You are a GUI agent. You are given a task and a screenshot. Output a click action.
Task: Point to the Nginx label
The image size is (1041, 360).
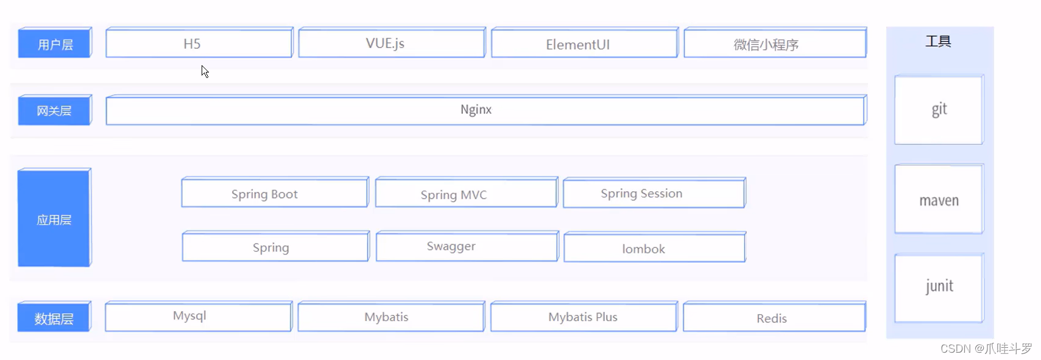[476, 110]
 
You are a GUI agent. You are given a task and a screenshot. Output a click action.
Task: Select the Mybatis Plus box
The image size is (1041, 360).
[583, 317]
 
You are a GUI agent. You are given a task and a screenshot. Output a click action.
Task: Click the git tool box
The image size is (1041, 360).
[938, 110]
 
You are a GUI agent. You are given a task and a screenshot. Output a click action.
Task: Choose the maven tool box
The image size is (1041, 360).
[938, 199]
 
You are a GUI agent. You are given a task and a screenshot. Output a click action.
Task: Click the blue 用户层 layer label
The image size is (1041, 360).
[55, 43]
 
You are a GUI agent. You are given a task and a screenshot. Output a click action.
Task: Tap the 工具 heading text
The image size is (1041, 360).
[938, 41]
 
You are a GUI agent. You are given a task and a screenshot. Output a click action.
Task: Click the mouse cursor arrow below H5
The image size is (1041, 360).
[205, 71]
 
